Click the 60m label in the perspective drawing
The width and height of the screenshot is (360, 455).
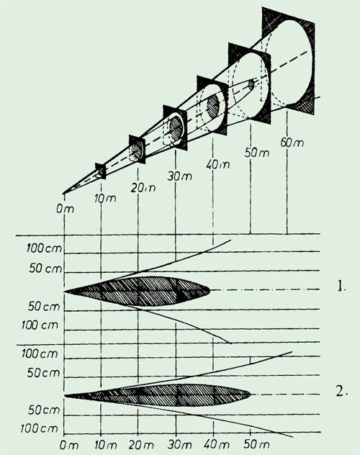(292, 143)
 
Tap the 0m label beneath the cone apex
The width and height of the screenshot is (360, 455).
(65, 209)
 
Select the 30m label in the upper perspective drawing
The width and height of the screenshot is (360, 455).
(180, 176)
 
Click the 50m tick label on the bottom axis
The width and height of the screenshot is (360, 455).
(256, 444)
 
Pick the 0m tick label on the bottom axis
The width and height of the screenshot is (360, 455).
(68, 446)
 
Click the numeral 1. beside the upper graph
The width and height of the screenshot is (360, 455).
(341, 287)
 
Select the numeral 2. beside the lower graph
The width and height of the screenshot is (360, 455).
(341, 392)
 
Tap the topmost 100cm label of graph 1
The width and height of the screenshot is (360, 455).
(44, 248)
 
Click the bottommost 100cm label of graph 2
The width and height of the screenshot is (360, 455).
(39, 429)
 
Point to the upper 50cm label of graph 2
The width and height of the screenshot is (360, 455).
(43, 373)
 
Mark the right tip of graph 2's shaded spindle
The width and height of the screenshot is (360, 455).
(251, 394)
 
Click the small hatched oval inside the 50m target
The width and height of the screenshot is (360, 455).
(251, 85)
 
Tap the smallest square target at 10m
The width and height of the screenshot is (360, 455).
(101, 171)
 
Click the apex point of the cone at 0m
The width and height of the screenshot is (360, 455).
(63, 193)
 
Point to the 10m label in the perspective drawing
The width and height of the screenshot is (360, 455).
(105, 199)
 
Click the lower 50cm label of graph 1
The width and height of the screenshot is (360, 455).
(44, 307)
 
